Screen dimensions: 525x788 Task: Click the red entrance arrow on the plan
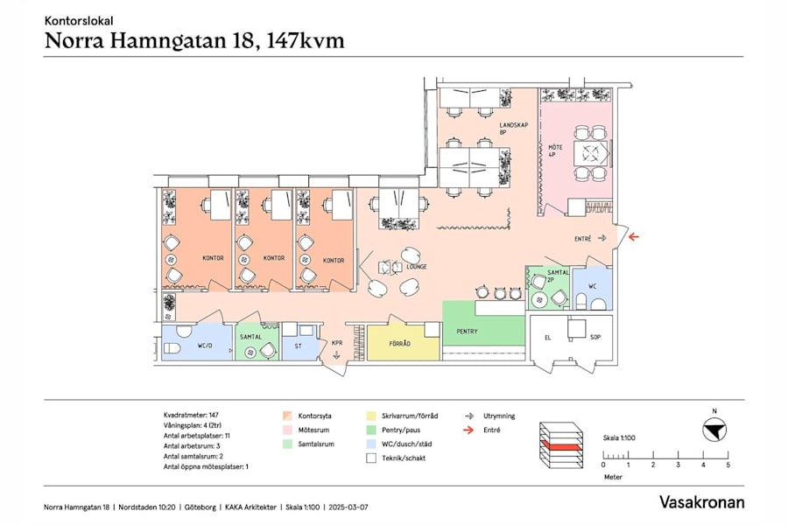[632, 237]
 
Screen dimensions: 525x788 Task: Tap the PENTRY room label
[469, 332]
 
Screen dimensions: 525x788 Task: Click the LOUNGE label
[416, 266]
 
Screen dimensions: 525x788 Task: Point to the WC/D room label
[204, 345]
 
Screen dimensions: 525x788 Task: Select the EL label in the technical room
[546, 336]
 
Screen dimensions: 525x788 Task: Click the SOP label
[595, 336]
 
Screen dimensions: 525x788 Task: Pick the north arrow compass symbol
[715, 430]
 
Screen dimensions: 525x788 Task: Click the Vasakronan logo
[701, 502]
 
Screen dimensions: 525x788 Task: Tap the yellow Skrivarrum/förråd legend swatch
[371, 416]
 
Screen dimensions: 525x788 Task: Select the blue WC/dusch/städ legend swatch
[371, 444]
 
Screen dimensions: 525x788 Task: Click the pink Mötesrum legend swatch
[286, 430]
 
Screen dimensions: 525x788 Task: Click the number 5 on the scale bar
[728, 465]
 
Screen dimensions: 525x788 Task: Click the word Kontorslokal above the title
[78, 19]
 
